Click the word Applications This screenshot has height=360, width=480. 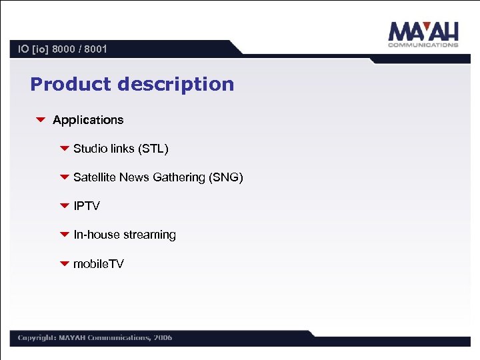[88, 120]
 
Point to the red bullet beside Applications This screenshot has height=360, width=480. [40, 120]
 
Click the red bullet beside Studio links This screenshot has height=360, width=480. [64, 149]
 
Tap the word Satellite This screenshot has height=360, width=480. [95, 177]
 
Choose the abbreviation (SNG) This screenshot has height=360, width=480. [226, 177]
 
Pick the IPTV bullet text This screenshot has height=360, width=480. [87, 206]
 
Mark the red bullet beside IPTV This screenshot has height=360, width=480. [64, 206]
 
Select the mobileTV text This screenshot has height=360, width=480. [98, 264]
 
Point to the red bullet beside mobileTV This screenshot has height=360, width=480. [64, 264]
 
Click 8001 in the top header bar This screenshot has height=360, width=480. [95, 49]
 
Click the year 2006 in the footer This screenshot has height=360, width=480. [163, 337]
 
